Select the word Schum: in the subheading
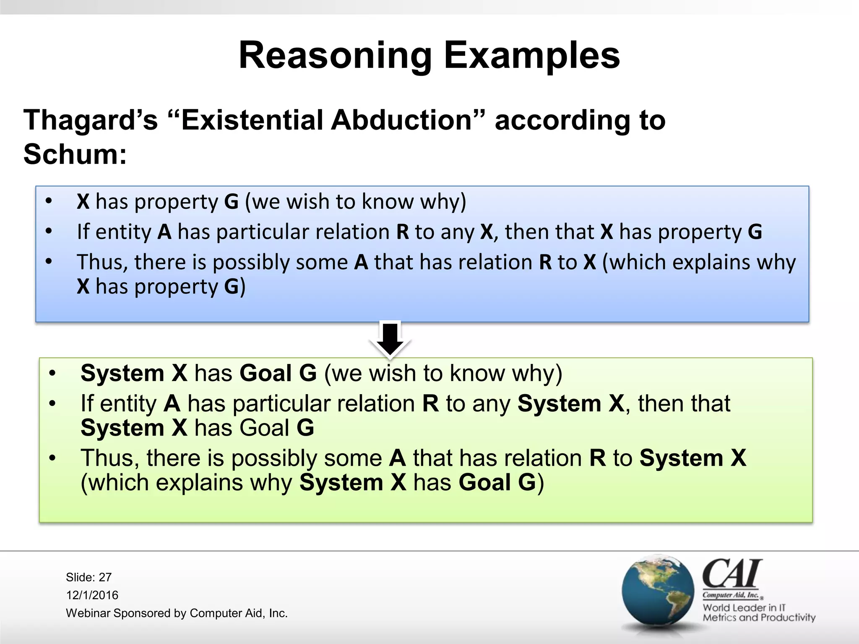(x=75, y=154)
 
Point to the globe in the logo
(x=658, y=591)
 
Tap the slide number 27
(x=105, y=577)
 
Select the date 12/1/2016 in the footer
(x=92, y=595)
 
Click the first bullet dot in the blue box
(x=49, y=201)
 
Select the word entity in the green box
(x=128, y=404)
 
